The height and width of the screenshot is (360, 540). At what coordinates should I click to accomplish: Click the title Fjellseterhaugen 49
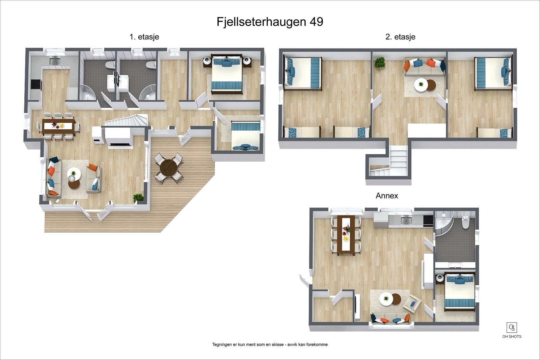[270, 22]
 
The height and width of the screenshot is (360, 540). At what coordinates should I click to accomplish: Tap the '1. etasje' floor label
[144, 37]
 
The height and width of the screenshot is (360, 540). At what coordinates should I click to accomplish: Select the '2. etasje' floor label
[400, 37]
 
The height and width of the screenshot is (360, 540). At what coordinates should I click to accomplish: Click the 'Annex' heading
[387, 196]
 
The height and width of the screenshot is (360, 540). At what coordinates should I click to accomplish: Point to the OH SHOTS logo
[512, 330]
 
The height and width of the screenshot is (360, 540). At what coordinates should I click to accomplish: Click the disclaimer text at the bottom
[270, 344]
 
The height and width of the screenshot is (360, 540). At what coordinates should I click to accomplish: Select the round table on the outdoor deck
[168, 167]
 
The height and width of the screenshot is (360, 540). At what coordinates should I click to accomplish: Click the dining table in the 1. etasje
[58, 125]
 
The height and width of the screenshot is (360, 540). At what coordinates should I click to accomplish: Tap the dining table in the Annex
[346, 233]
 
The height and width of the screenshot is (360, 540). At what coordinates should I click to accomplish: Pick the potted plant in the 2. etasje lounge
[380, 62]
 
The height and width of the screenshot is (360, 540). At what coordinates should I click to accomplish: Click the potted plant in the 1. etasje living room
[138, 197]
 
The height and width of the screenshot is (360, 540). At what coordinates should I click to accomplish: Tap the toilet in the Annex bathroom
[466, 223]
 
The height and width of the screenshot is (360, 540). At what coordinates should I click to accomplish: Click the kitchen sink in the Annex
[404, 220]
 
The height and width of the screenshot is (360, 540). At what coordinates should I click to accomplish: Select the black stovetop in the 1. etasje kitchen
[35, 84]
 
